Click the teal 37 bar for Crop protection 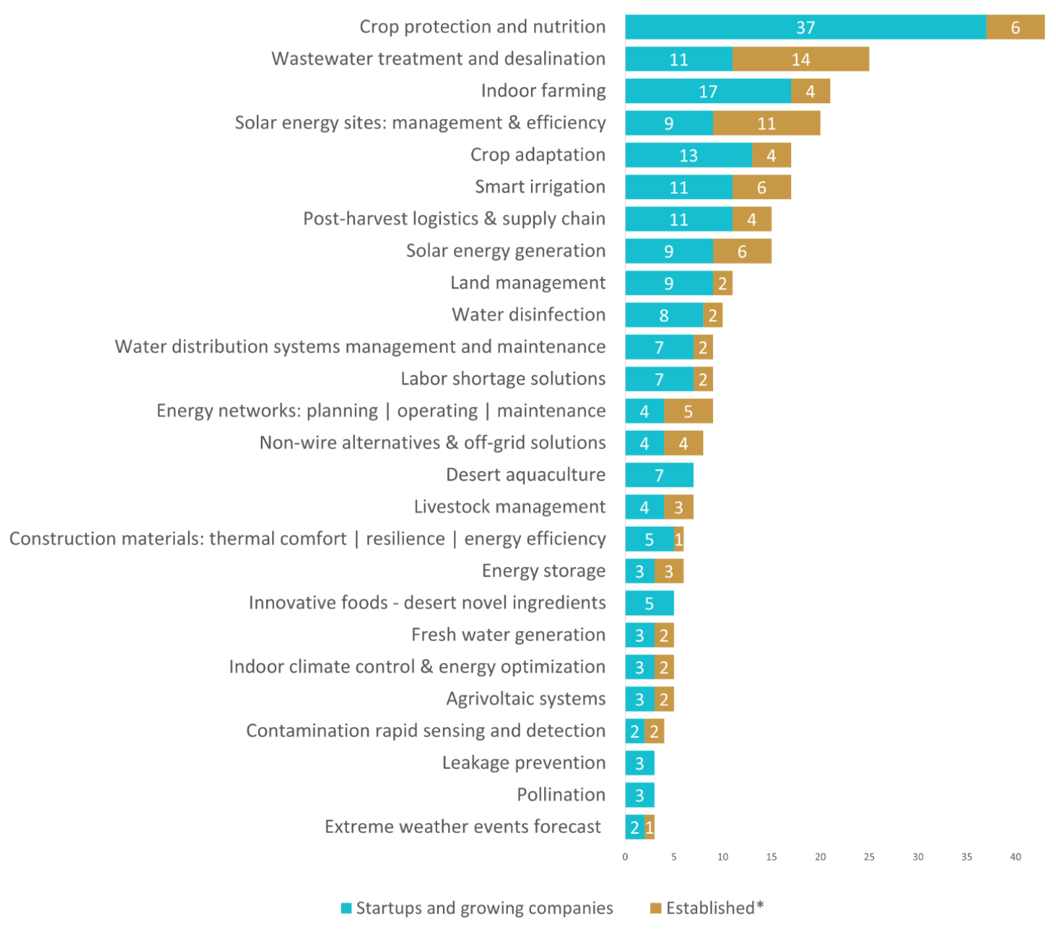tap(806, 28)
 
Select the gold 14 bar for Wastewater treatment tap(801, 60)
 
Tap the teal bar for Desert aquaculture tap(660, 475)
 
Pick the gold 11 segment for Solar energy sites tap(767, 124)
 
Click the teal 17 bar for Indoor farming tap(708, 91)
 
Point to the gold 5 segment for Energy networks tap(689, 411)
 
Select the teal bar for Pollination tap(640, 796)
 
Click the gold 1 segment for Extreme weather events tap(650, 827)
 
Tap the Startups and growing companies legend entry tap(476, 908)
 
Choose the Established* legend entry tap(707, 908)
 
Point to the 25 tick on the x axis tap(869, 857)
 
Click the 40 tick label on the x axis tap(1015, 857)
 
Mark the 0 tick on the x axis tap(625, 857)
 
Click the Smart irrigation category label tap(540, 187)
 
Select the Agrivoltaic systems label tap(526, 699)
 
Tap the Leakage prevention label tap(524, 763)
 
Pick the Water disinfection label tap(528, 315)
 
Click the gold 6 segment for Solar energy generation tap(743, 252)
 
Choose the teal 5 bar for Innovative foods tap(649, 603)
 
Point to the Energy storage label tap(543, 571)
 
